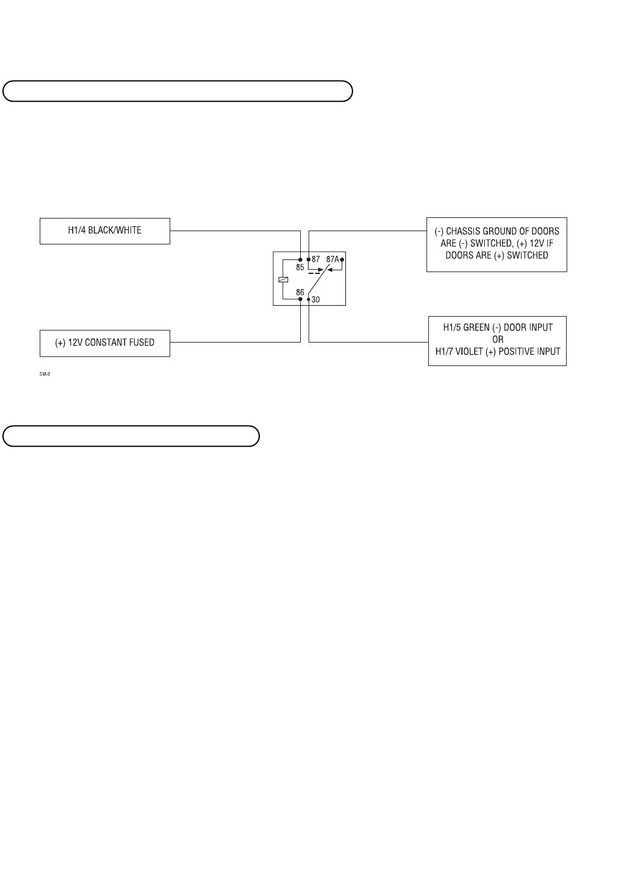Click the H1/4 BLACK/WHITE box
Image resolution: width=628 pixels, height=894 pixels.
tap(105, 231)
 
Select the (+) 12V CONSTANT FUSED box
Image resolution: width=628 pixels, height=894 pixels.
tap(105, 343)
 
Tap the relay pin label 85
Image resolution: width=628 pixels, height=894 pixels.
tap(300, 267)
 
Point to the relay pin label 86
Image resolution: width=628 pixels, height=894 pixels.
tap(300, 292)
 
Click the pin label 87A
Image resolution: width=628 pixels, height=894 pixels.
tap(332, 259)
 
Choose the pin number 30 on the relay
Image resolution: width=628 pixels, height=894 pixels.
tap(316, 299)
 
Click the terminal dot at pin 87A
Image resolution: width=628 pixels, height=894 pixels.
tap(342, 259)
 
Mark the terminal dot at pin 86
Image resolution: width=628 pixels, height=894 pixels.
tap(301, 299)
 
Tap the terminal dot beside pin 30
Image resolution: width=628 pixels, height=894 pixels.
tap(309, 299)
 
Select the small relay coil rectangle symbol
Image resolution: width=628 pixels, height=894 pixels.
tap(283, 279)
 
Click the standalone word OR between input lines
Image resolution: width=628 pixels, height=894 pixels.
tap(497, 340)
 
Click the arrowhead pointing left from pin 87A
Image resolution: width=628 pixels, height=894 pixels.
tap(329, 270)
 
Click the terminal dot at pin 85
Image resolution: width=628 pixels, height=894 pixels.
tap(301, 259)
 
